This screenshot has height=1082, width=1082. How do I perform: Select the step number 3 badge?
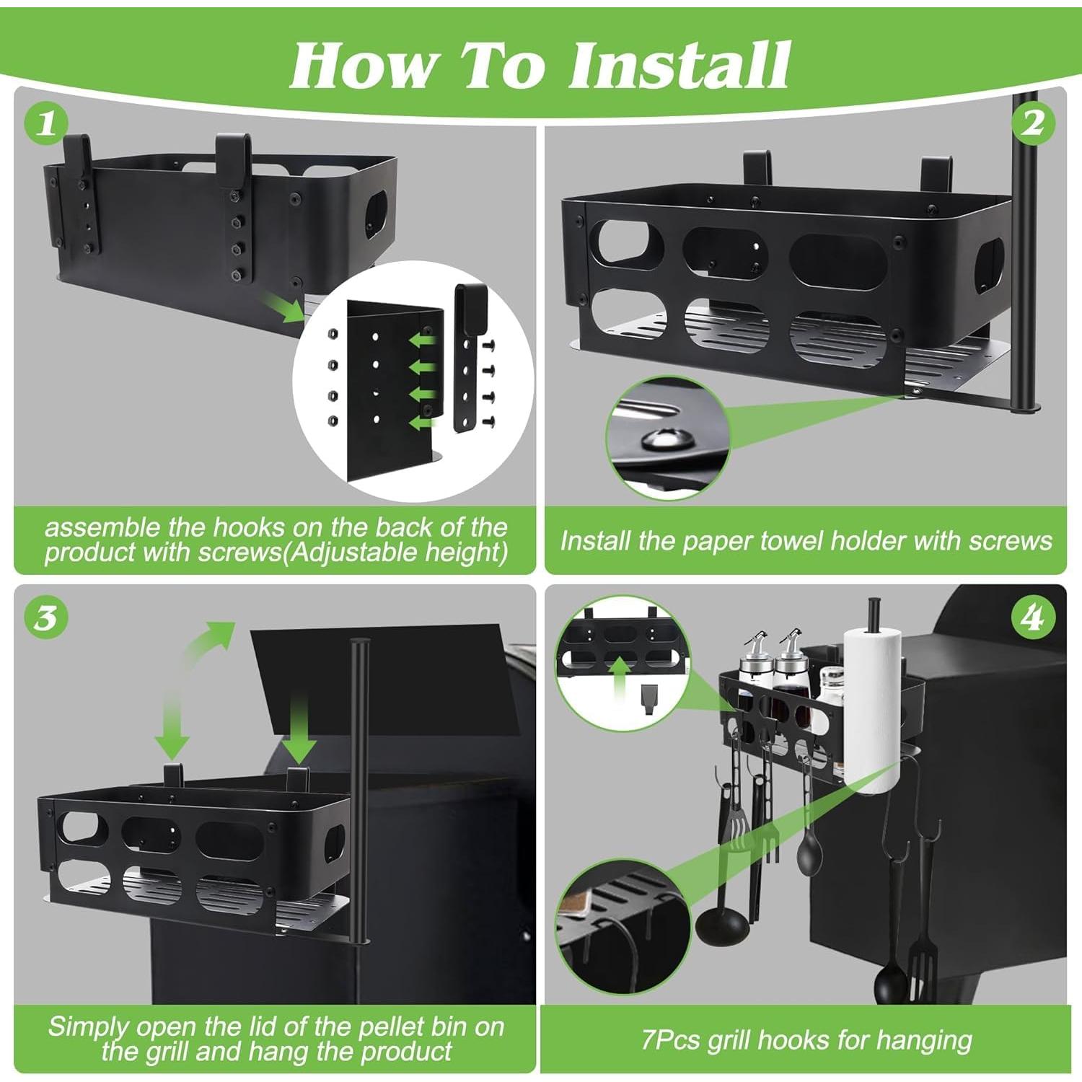[x=47, y=618]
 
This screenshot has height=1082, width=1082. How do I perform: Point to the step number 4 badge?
[x=1033, y=618]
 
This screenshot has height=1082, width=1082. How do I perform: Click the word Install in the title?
[x=679, y=65]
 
